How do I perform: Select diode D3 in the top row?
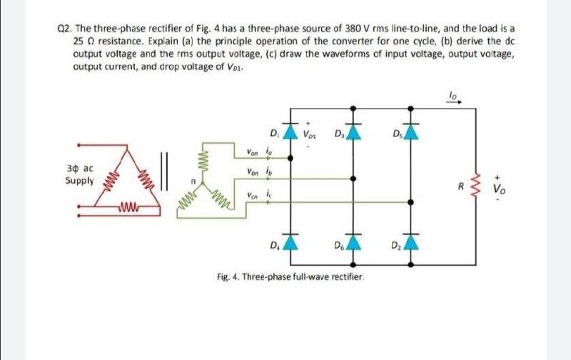(350, 131)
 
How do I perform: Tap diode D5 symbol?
(410, 131)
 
